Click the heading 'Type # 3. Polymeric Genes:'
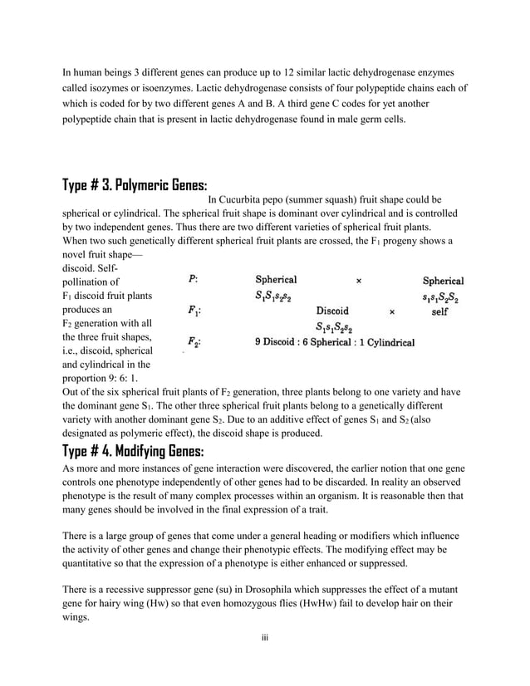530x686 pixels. click(135, 184)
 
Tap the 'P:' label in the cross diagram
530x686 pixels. click(192, 280)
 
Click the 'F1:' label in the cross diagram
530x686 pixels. click(193, 311)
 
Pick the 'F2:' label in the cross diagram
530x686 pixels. click(193, 341)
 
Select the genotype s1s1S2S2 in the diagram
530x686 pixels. click(444, 296)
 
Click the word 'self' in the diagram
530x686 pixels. click(440, 311)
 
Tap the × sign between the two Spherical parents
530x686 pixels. click(358, 281)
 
